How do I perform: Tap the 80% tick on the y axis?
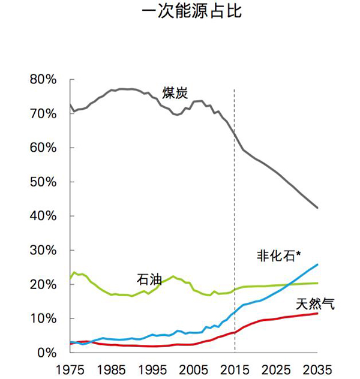point(43,80)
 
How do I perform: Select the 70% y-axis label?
point(43,114)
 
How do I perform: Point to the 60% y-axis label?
point(43,148)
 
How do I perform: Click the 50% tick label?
point(43,182)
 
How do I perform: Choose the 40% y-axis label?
point(43,216)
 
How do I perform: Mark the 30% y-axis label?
point(43,251)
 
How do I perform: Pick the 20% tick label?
point(43,285)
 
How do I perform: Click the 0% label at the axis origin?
point(47,353)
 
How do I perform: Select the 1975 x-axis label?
point(71,366)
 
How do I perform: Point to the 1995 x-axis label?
point(152,366)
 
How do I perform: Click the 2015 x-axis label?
point(235,366)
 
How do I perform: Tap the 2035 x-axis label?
point(317,366)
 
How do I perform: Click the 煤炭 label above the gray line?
point(175,93)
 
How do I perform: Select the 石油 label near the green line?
point(149,279)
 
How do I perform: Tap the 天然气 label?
point(316,303)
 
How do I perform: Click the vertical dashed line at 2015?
point(235,210)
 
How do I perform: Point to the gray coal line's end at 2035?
point(317,208)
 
